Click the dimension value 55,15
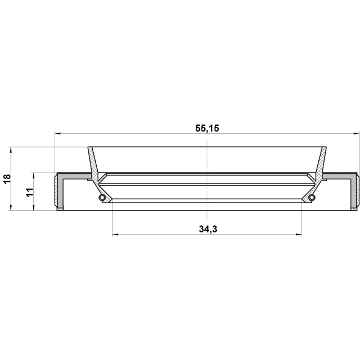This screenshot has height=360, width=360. (x=207, y=128)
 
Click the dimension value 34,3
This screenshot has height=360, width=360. (x=208, y=229)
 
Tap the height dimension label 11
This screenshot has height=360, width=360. (x=30, y=192)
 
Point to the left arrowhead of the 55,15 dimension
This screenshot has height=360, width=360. (x=57, y=133)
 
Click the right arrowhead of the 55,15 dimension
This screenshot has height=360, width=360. (x=356, y=133)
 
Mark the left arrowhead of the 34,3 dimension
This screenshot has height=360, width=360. (x=115, y=235)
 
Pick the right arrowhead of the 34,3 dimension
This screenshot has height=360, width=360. (x=299, y=235)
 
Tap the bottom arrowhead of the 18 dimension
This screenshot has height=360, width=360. (x=10, y=208)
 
